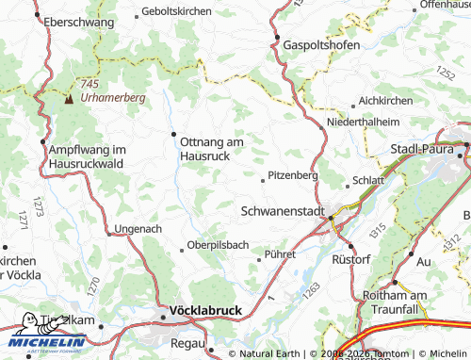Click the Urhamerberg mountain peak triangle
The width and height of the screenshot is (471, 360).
coord(68,96)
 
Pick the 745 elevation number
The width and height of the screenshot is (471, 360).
coord(90,84)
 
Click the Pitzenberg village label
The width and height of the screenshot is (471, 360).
coord(293,175)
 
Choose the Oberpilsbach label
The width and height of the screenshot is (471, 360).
coord(218,247)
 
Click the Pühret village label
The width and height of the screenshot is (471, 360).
coord(280,254)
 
